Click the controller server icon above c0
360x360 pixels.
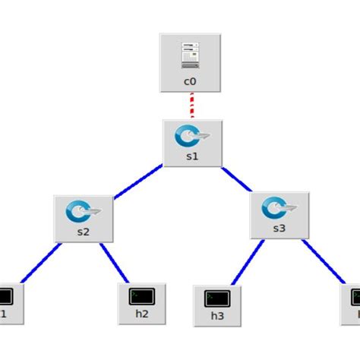click(190, 54)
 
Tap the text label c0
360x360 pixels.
click(190, 81)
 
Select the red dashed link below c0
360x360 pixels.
click(191, 105)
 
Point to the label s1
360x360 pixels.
click(192, 157)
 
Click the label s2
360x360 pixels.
click(84, 232)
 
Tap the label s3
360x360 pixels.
click(280, 228)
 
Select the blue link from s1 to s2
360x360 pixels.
click(137, 183)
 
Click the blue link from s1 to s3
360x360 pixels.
click(238, 182)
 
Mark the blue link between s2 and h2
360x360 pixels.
click(114, 262)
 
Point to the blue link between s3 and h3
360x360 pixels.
click(246, 262)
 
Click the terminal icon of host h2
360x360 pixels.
click(142, 294)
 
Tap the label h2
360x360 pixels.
click(142, 314)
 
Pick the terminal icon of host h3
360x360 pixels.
click(216, 296)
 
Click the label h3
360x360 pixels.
click(216, 315)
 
